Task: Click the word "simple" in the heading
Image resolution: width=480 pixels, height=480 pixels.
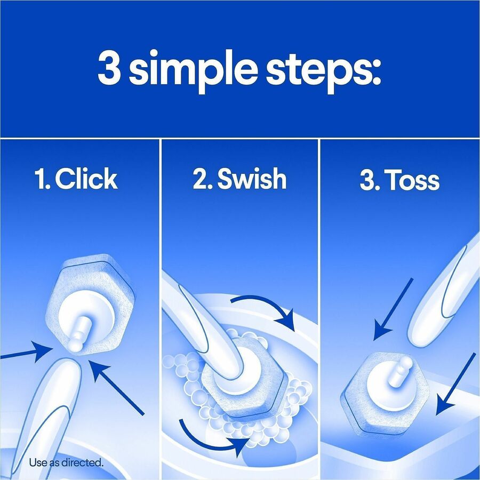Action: (194, 71)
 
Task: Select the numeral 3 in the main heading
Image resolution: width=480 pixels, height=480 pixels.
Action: (109, 67)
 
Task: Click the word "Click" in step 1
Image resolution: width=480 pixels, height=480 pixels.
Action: (86, 179)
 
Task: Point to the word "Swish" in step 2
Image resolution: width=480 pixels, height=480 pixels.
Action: (252, 179)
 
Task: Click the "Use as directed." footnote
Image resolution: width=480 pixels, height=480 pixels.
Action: (67, 462)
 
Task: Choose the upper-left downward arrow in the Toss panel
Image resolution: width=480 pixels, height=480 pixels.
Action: (393, 309)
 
